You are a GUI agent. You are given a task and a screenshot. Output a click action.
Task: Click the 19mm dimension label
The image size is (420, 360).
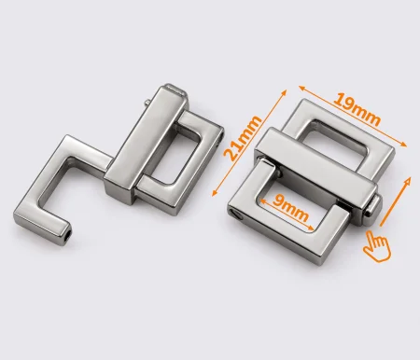(x=357, y=109)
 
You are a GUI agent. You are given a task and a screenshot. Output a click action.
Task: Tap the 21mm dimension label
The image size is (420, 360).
(x=243, y=138)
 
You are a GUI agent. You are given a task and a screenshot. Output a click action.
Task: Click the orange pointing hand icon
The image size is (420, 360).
(x=377, y=246)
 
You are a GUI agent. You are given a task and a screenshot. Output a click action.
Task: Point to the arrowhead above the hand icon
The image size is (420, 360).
(x=407, y=181)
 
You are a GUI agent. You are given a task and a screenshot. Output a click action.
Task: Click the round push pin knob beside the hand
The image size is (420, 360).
(x=373, y=207)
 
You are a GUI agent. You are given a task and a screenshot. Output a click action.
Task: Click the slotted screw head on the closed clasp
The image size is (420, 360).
(x=235, y=214)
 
